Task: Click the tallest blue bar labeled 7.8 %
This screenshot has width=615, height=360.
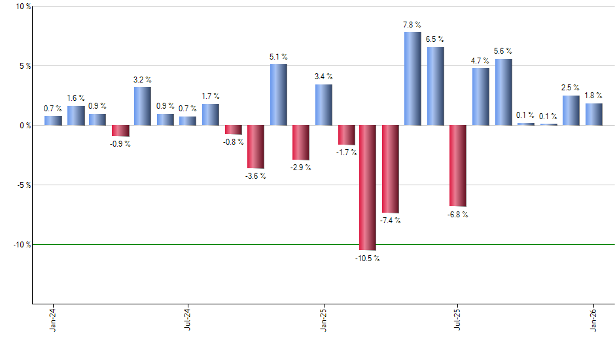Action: [412, 79]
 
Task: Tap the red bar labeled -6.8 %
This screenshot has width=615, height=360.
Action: [458, 166]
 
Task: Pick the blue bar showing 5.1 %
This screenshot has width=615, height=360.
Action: [278, 95]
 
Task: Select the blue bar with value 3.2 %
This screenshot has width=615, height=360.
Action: [143, 106]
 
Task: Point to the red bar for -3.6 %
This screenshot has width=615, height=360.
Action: [256, 147]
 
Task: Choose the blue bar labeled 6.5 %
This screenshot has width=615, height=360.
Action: [435, 86]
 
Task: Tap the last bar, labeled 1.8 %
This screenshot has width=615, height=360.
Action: [593, 115]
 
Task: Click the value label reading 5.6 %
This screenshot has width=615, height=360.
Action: [503, 51]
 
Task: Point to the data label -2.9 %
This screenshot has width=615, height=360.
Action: [301, 168]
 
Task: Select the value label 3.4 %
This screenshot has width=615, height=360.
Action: [323, 77]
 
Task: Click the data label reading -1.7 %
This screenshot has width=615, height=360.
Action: [346, 153]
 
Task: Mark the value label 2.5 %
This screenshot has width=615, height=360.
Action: [571, 88]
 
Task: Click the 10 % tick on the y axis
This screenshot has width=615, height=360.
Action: [24, 7]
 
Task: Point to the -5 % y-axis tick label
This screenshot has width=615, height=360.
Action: [24, 185]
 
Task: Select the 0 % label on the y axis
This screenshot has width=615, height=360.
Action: [25, 126]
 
